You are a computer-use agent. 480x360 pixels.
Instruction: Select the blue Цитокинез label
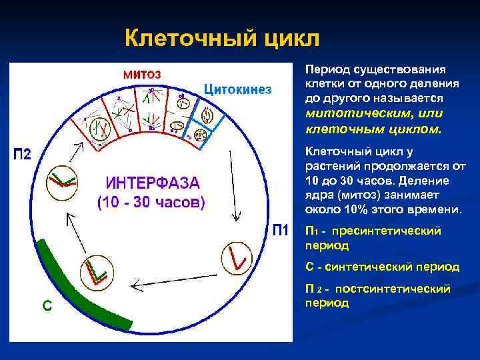point(237,89)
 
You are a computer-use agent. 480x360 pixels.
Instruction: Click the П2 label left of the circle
point(23,154)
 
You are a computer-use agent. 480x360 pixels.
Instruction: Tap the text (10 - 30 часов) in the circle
point(152,202)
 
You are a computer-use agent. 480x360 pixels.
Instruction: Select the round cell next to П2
point(61,181)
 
